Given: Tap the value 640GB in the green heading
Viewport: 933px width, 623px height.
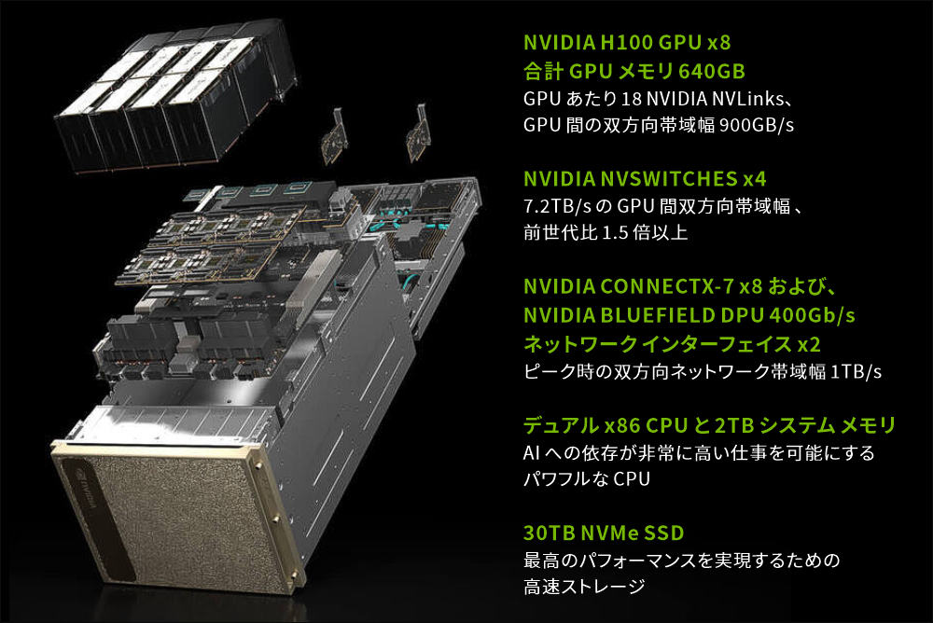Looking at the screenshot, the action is tap(712, 72).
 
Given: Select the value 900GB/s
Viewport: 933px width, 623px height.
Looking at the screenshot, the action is tap(757, 125).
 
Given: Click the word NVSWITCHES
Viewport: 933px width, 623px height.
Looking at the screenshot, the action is tap(669, 178).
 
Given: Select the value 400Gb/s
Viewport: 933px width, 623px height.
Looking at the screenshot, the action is tap(813, 315).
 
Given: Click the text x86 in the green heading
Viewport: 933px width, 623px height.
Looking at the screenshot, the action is tap(622, 425).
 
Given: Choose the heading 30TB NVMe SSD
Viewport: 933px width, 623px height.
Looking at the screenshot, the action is tap(604, 533).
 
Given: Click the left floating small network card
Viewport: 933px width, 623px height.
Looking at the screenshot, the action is tap(335, 137).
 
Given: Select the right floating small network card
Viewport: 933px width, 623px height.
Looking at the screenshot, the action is tap(418, 134).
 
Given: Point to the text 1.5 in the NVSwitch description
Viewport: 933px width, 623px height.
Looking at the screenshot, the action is tap(615, 232).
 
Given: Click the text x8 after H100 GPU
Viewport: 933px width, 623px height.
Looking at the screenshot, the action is tap(719, 42).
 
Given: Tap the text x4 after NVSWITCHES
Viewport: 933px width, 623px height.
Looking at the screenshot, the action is tap(755, 178).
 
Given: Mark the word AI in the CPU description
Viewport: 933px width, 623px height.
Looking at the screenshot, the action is tap(532, 453).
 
